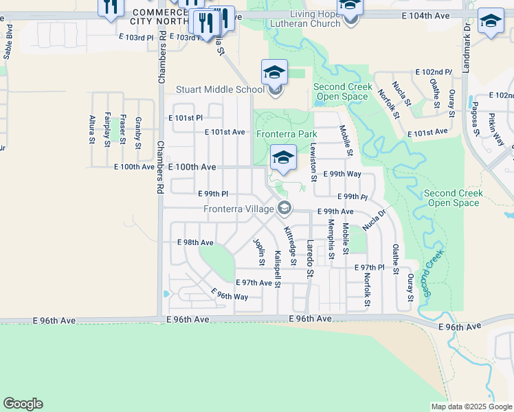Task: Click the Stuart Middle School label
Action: click(x=220, y=89)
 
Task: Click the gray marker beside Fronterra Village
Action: click(x=284, y=208)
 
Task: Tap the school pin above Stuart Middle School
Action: click(x=274, y=72)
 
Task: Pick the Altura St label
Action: click(x=92, y=130)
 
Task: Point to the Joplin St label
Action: click(x=260, y=252)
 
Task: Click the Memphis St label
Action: click(x=331, y=237)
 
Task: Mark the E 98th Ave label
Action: click(x=195, y=242)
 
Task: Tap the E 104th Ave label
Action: click(x=426, y=14)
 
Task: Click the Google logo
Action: click(x=23, y=404)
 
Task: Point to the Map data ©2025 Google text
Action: click(x=471, y=407)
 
